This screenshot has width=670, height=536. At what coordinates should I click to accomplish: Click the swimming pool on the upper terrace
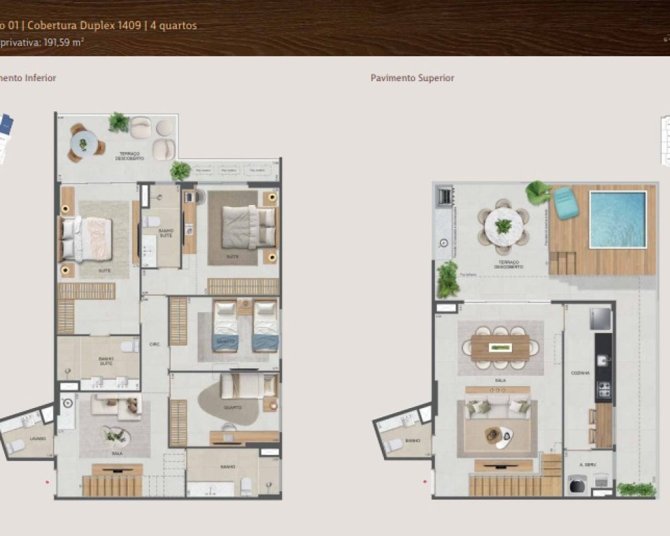[x=618, y=219]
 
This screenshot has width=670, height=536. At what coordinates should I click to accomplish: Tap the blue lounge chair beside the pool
[x=566, y=202]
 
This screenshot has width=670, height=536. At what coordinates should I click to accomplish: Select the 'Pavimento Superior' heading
[x=412, y=78]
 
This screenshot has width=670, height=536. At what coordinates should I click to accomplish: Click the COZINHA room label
[x=580, y=373]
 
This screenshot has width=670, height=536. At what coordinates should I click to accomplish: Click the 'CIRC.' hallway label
[x=154, y=344]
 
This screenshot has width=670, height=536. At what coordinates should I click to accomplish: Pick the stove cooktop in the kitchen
[x=604, y=389]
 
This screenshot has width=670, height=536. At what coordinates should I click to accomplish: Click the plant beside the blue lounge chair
[x=537, y=192]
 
